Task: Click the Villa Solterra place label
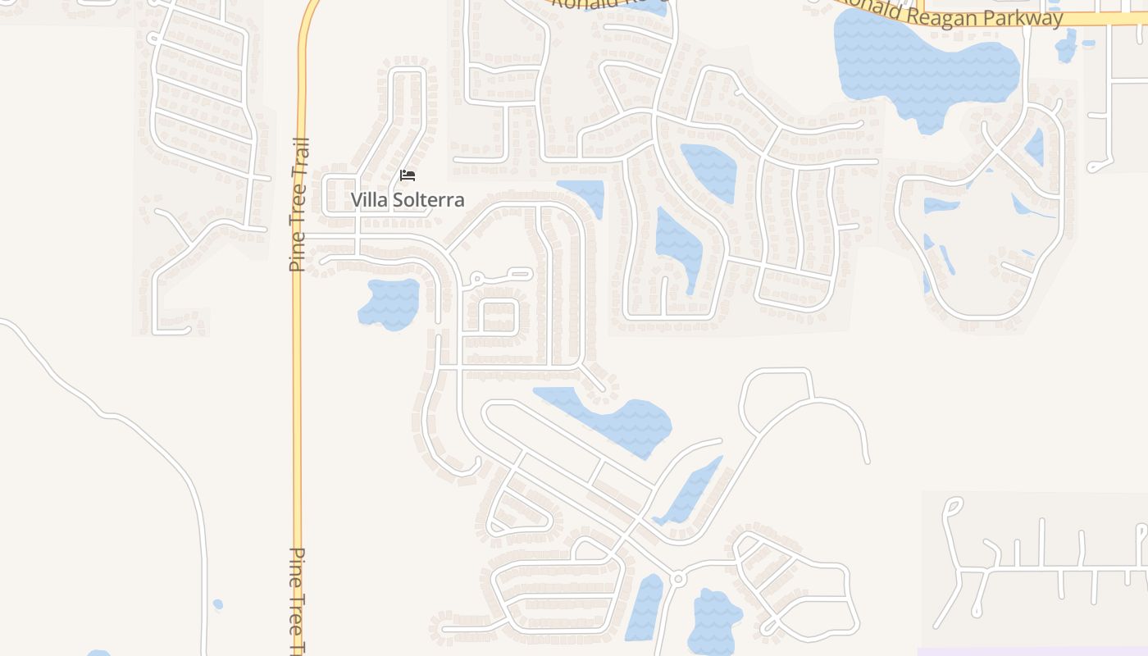click(408, 199)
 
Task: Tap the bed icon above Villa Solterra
click(408, 175)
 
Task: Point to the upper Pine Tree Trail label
click(298, 205)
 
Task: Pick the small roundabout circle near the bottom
click(677, 579)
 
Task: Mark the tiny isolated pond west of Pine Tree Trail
click(217, 605)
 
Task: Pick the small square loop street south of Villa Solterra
click(499, 317)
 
